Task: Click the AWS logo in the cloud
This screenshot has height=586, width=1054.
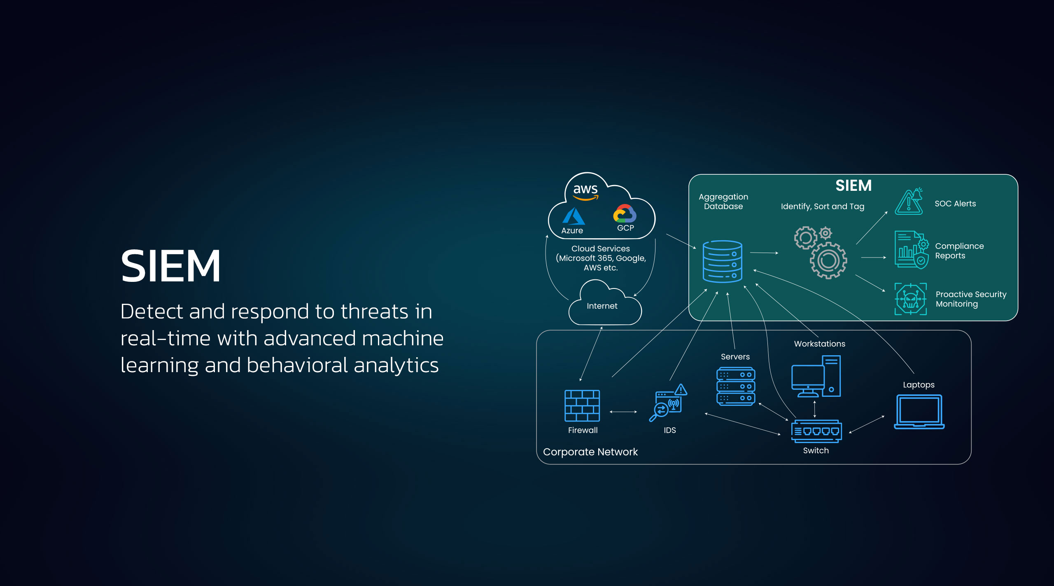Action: [x=585, y=192]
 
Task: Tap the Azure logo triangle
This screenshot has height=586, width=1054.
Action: [x=573, y=216]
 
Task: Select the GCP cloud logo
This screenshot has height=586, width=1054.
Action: [x=625, y=214]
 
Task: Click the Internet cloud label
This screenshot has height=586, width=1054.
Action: [x=602, y=306]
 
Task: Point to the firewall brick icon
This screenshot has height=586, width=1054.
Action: [x=582, y=406]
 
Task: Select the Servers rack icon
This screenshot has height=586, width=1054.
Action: [x=736, y=387]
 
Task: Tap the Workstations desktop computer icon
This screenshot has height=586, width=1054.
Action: [x=816, y=376]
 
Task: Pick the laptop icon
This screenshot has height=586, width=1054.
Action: [x=919, y=412]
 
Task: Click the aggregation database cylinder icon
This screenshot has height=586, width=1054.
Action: [x=723, y=262]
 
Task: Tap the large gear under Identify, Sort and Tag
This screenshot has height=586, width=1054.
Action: [x=828, y=260]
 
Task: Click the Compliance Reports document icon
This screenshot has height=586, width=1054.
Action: [x=911, y=250]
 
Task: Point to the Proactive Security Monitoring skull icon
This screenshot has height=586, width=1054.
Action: [x=911, y=299]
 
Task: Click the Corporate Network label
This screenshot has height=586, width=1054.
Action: [x=590, y=452]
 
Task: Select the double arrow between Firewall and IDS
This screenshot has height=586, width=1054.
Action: [x=623, y=412]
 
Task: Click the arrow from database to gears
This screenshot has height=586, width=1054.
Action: [x=764, y=253]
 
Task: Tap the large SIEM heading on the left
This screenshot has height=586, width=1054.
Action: [x=170, y=266]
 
